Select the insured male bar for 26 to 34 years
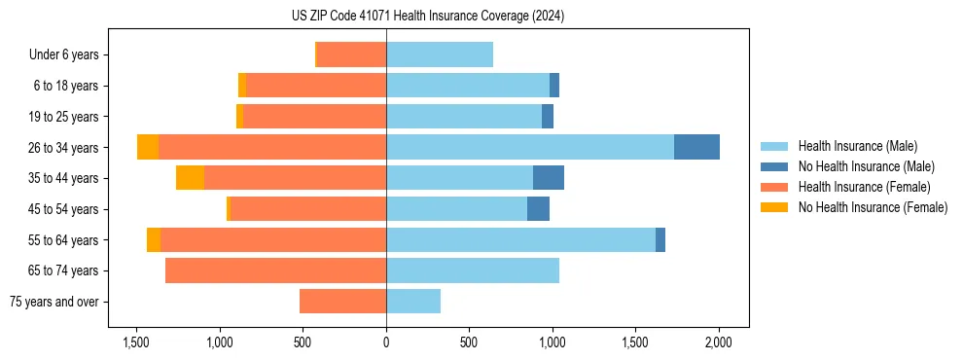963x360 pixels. click(530, 147)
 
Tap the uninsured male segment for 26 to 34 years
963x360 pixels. click(696, 147)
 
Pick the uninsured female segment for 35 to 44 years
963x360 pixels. click(190, 178)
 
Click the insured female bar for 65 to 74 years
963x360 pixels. click(275, 270)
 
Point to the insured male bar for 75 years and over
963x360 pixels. click(413, 302)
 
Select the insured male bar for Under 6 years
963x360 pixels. click(440, 54)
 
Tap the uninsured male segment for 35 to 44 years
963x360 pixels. click(549, 178)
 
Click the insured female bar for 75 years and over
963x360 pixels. click(342, 302)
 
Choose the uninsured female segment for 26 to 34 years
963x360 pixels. click(148, 147)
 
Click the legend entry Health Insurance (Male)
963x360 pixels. click(851, 146)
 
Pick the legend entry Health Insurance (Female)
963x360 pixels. click(856, 187)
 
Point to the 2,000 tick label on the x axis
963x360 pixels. click(719, 343)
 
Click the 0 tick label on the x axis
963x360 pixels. click(386, 343)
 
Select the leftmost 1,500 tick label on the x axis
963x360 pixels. click(136, 343)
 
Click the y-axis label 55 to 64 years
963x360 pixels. click(64, 240)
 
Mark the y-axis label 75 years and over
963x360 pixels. click(53, 302)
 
